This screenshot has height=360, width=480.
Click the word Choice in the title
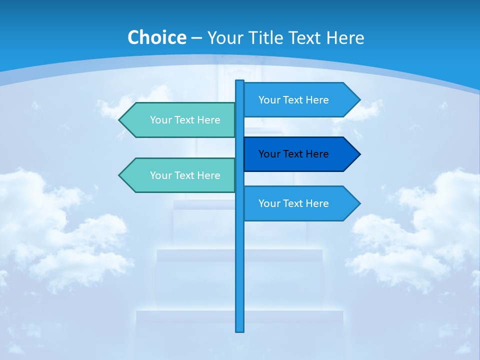tap(156, 37)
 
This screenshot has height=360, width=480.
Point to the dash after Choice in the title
tap(196, 38)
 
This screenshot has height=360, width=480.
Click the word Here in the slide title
tap(345, 37)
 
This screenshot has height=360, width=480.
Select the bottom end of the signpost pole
tap(240, 330)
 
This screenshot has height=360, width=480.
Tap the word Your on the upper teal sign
tap(160, 120)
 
